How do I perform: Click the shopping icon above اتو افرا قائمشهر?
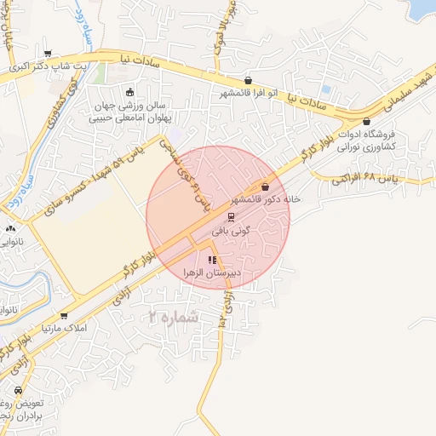pos(248,80)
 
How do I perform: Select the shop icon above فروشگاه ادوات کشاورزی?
pos(366,122)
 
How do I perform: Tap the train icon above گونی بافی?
pos(231,215)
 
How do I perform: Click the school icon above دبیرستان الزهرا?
pos(213,260)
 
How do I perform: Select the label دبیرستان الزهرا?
pos(213,273)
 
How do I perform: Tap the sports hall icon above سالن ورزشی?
pos(129,93)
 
